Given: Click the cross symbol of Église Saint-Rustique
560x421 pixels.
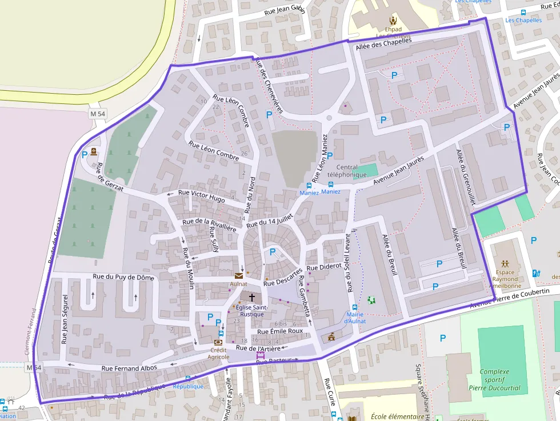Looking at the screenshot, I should (x=251, y=298).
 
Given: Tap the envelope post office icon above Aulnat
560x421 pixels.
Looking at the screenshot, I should (x=238, y=276).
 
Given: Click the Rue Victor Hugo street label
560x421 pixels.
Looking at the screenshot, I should (x=202, y=196).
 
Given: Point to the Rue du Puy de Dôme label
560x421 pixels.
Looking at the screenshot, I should (x=123, y=277).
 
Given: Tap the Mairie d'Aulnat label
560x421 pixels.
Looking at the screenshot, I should (x=355, y=318).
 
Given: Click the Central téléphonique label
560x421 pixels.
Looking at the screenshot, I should (x=347, y=171).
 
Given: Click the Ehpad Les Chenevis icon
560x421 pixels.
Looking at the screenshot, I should (x=393, y=19).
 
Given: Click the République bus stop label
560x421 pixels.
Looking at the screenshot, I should (x=188, y=386).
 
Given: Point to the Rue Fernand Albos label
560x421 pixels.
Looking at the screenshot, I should (x=129, y=368).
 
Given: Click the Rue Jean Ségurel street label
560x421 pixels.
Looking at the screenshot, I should (x=64, y=319).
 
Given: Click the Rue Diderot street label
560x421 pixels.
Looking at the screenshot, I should (x=323, y=266).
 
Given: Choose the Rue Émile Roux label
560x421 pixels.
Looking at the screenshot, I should (x=280, y=331).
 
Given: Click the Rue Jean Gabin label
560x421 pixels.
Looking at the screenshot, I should (x=285, y=11).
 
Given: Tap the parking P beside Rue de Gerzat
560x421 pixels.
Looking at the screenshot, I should (x=85, y=154).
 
